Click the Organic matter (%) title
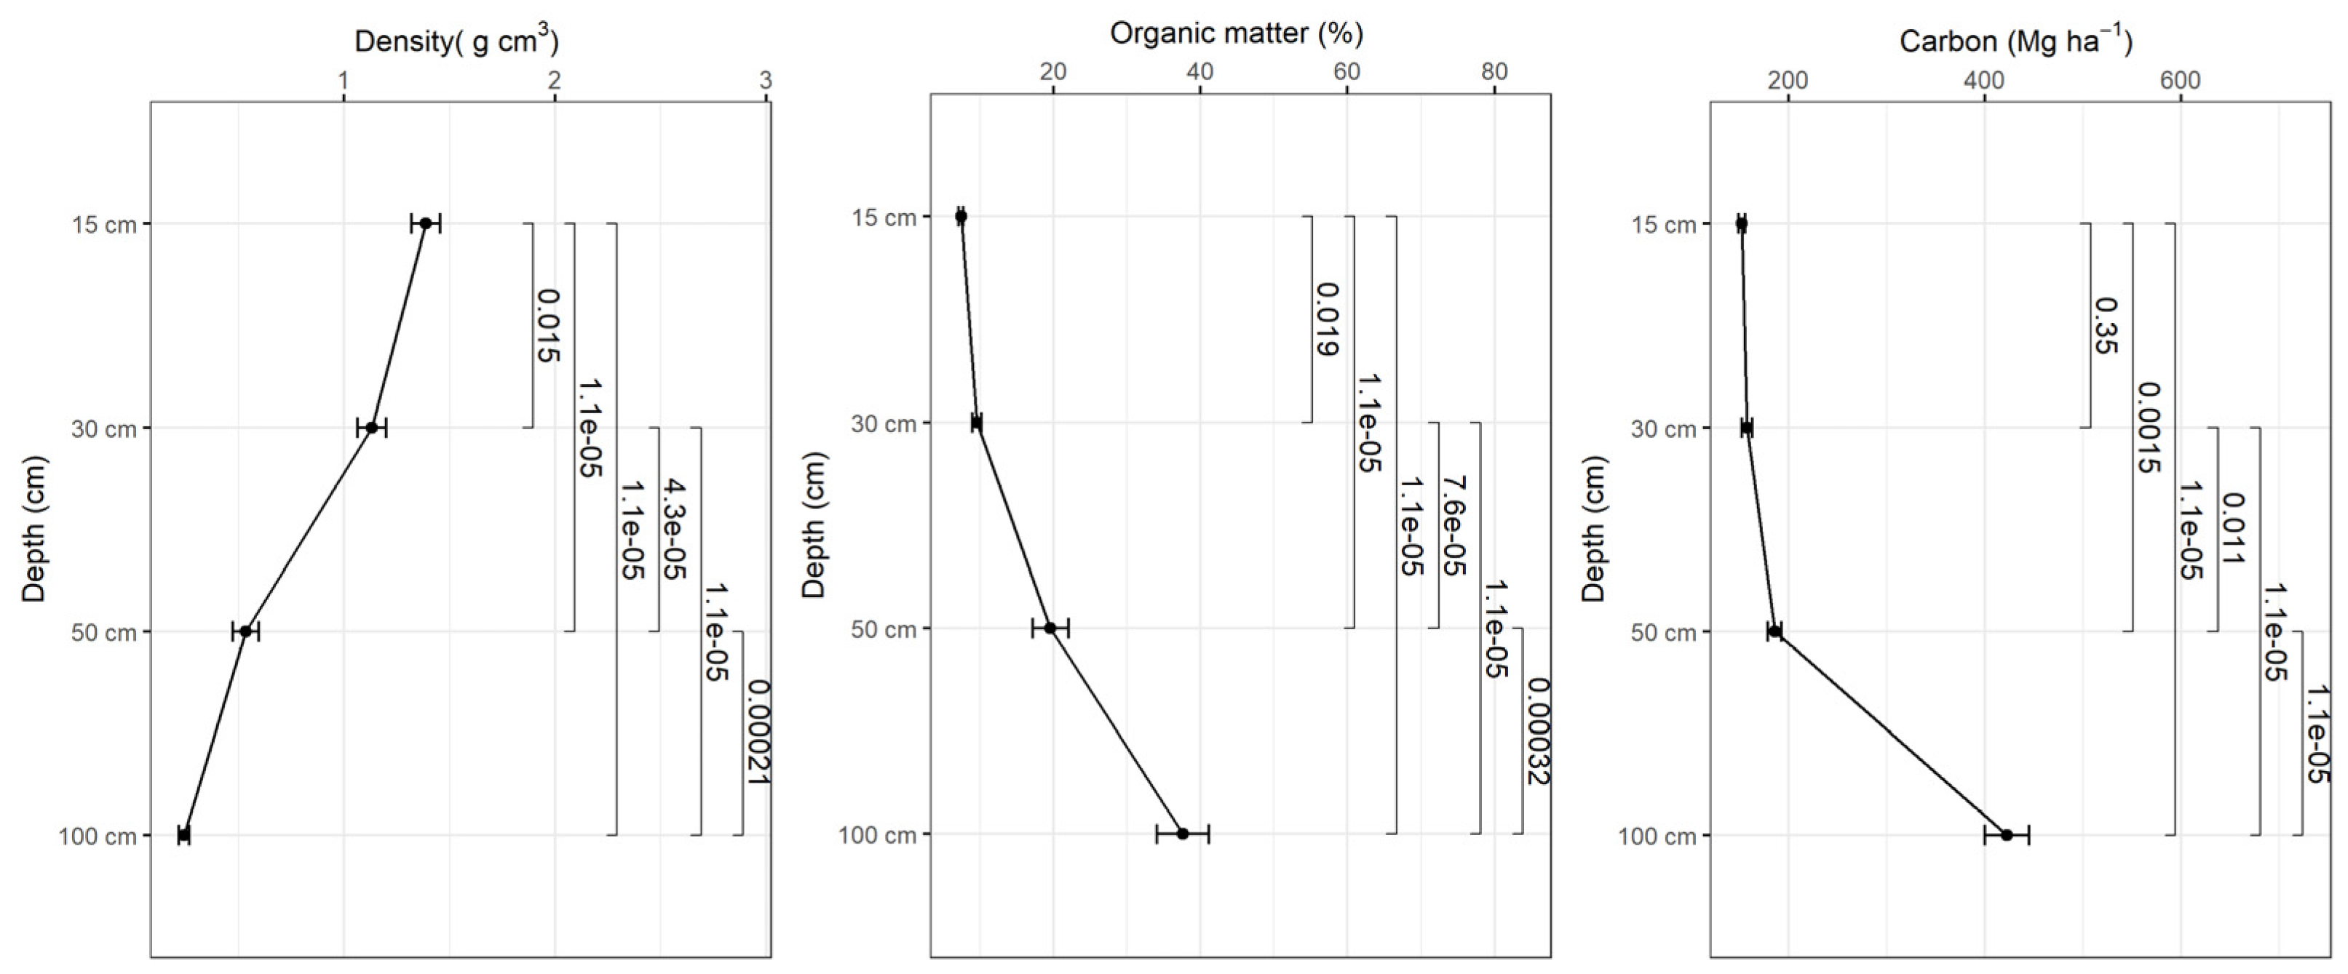point(1236,33)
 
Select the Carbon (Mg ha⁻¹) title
point(2015,41)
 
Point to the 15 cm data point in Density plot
point(426,223)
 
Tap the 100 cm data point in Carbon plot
point(2007,834)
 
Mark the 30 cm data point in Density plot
point(372,427)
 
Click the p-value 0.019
point(1327,319)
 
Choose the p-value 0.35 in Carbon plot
point(2106,325)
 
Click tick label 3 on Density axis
point(766,80)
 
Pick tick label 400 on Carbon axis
point(1983,80)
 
